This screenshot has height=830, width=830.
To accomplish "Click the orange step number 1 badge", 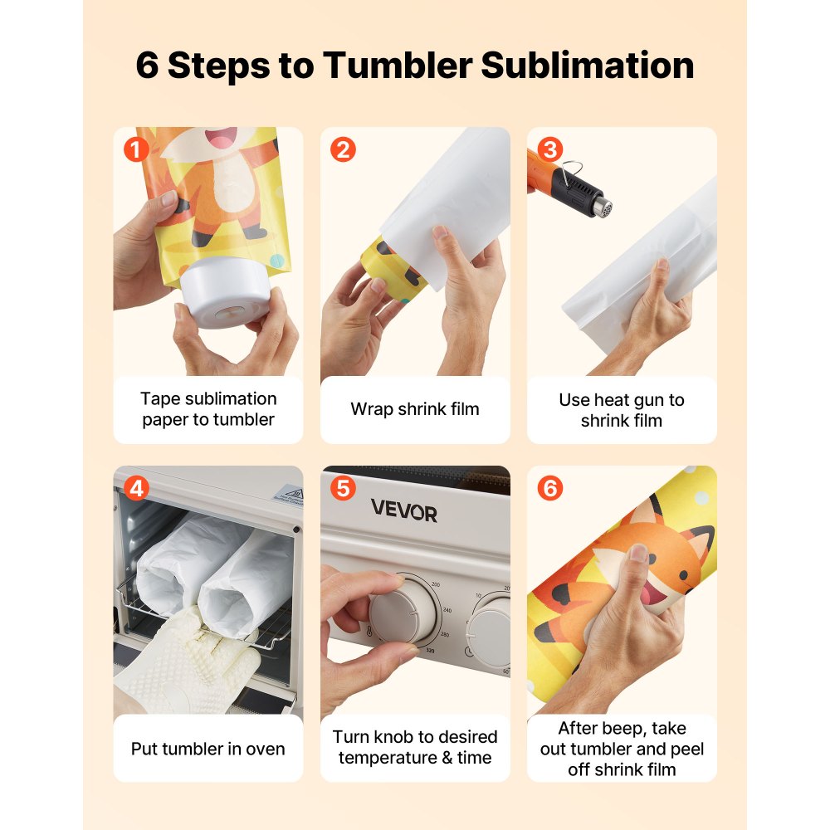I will [135, 150].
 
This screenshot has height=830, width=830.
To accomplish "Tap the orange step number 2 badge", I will [342, 150].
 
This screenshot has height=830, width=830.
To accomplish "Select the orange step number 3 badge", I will [549, 150].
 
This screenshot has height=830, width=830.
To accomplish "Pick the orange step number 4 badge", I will [135, 489].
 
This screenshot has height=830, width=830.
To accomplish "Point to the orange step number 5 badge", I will [342, 489].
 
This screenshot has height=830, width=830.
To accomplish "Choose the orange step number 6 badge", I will [549, 489].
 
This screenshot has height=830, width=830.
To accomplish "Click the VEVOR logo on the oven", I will [403, 510].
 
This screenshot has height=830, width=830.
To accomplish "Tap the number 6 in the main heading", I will [147, 66].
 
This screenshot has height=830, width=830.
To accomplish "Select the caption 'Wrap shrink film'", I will [415, 409].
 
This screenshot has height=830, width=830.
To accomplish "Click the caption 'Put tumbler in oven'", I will [207, 749].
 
